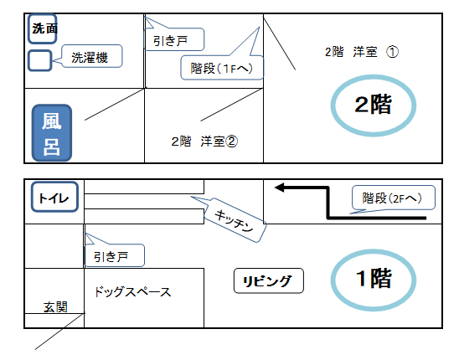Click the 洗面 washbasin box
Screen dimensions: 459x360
pyautogui.click(x=43, y=28)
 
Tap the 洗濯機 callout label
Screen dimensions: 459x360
pyautogui.click(x=91, y=56)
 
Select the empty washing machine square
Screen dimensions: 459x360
pyautogui.click(x=40, y=60)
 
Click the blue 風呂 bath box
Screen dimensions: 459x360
pyautogui.click(x=52, y=133)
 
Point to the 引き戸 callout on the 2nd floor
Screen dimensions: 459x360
pyautogui.click(x=174, y=39)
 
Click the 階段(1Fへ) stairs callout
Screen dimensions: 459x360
pyautogui.click(x=222, y=68)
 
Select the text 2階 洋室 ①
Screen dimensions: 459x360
pyautogui.click(x=362, y=52)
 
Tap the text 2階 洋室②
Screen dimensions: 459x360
pyautogui.click(x=204, y=141)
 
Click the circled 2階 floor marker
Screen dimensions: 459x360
pyautogui.click(x=374, y=105)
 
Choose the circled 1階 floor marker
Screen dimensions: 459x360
pyautogui.click(x=374, y=279)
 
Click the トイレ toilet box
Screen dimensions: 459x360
pyautogui.click(x=54, y=197)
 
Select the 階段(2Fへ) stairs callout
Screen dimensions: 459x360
pyautogui.click(x=393, y=198)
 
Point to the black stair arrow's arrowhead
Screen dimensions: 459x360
pyautogui.click(x=279, y=188)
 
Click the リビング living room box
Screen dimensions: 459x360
pyautogui.click(x=269, y=280)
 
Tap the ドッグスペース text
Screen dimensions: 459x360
pyautogui.click(x=132, y=292)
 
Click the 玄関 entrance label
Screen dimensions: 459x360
pyautogui.click(x=55, y=307)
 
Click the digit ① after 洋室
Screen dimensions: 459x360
pyautogui.click(x=392, y=52)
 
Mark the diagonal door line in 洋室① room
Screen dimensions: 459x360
pyautogui.click(x=279, y=44)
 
